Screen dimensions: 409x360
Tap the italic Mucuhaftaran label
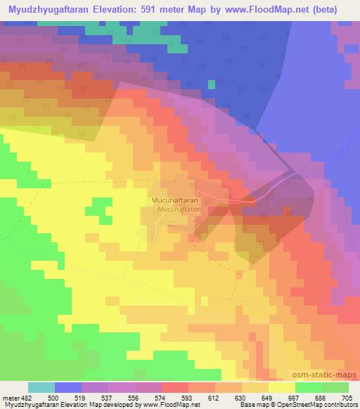[179, 209]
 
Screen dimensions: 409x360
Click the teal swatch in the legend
[42, 387]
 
